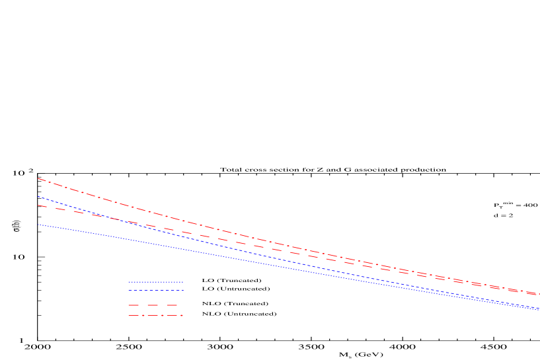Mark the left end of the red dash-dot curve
click(38, 178)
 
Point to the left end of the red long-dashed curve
click(38, 205)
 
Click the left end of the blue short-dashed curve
click(38, 197)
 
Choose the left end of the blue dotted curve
click(38, 225)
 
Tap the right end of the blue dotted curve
click(539, 309)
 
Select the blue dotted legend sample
click(155, 282)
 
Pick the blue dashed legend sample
click(155, 291)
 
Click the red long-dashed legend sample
click(153, 305)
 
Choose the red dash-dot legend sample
click(155, 315)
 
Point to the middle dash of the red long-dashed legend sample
click(153, 305)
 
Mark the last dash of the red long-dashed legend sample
click(172, 305)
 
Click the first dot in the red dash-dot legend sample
click(143, 315)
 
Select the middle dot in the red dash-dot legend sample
click(162, 315)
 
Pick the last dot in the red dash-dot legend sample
click(181, 315)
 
